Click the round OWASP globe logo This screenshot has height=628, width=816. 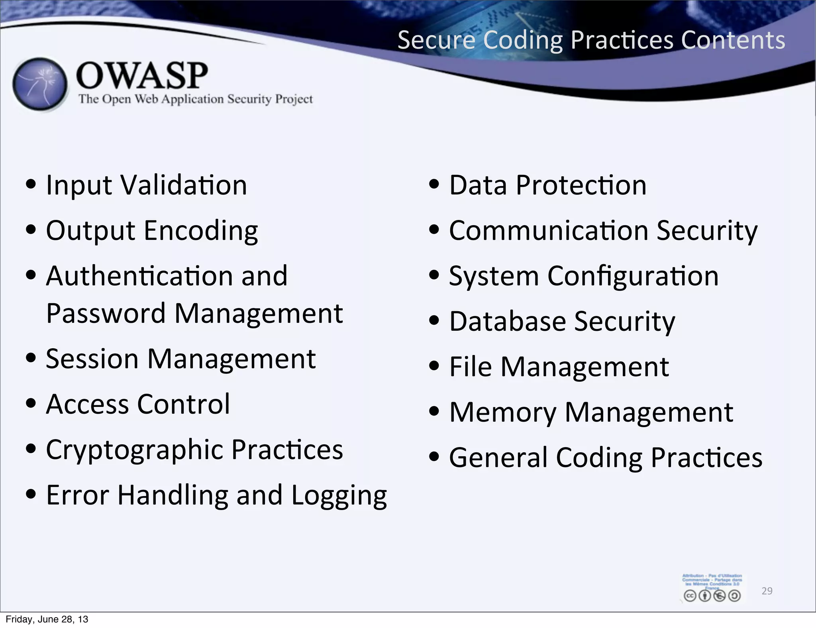40,84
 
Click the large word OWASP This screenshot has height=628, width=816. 142,75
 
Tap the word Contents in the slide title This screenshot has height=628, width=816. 733,40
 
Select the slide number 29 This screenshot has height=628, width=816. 767,591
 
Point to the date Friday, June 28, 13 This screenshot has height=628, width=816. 47,619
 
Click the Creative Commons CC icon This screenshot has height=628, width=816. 690,596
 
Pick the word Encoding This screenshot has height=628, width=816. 201,231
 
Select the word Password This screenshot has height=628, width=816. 106,313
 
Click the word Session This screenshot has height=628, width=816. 92,359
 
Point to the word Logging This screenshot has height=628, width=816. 339,496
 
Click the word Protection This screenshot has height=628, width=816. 581,185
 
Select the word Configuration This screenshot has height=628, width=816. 633,276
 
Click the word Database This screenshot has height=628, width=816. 508,321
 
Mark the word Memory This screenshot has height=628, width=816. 503,413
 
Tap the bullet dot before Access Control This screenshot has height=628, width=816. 31,403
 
